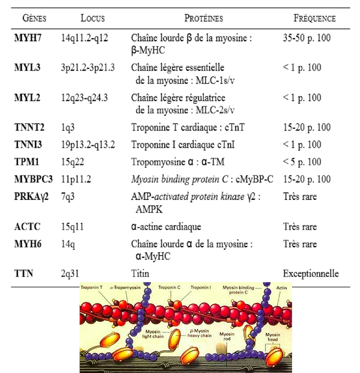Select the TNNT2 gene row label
pyautogui.click(x=29, y=127)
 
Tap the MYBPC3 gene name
pyautogui.click(x=33, y=179)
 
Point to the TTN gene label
pyautogui.click(x=23, y=274)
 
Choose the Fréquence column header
pyautogui.click(x=314, y=18)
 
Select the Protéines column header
pyautogui.click(x=204, y=18)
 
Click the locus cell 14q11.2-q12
pyautogui.click(x=85, y=38)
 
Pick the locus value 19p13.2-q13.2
pyautogui.click(x=88, y=145)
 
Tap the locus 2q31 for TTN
pyautogui.click(x=70, y=274)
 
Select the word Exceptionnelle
pyautogui.click(x=311, y=274)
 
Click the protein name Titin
pyautogui.click(x=140, y=274)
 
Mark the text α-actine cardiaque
pyautogui.click(x=166, y=227)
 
